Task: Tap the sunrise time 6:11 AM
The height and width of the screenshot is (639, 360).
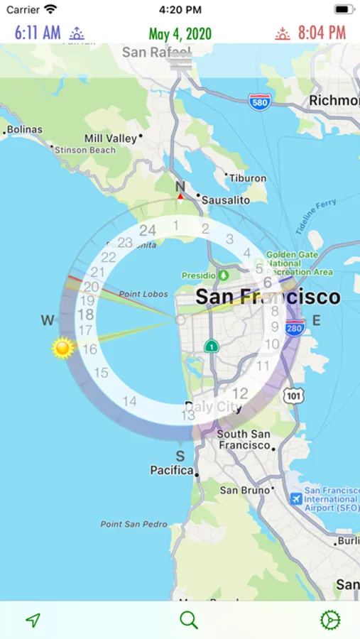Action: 38,33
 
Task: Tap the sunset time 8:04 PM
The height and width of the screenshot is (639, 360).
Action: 322,33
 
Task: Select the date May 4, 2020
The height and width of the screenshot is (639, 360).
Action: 180,33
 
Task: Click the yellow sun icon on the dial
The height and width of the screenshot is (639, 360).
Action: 63,349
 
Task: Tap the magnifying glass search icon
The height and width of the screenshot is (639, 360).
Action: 188,620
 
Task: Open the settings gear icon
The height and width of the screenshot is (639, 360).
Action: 330,620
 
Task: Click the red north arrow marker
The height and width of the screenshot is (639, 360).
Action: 180,197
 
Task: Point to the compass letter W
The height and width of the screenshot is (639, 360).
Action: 48,321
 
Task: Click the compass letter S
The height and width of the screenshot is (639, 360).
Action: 180,456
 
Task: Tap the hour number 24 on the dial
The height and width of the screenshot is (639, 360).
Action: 148,230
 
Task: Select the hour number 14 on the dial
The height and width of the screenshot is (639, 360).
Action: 129,402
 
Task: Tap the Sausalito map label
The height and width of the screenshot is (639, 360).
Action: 226,200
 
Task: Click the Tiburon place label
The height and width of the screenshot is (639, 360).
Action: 248,178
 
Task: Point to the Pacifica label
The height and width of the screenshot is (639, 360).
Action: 171,470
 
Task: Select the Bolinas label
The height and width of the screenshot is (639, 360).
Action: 25,130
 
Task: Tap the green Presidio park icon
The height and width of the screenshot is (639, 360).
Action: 224,275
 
